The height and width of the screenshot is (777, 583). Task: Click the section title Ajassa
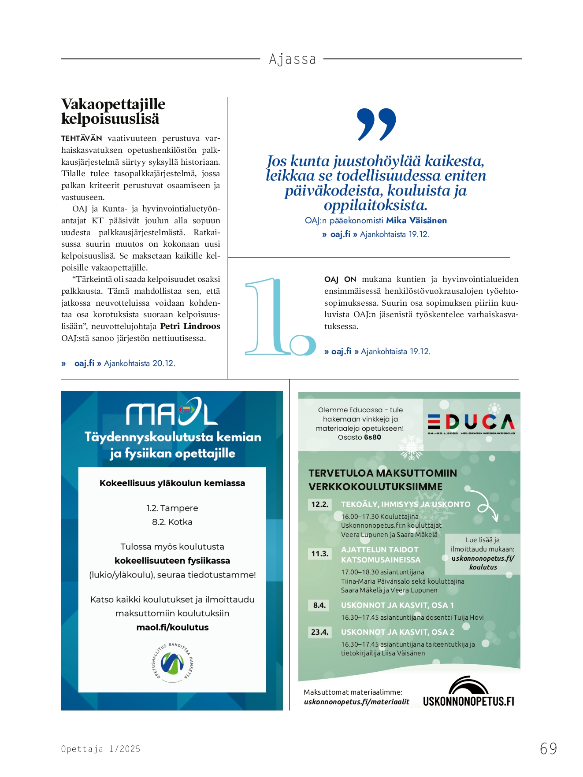pos(293,59)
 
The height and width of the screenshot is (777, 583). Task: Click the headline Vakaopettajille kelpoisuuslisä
pos(113,111)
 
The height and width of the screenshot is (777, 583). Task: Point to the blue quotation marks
pos(377,124)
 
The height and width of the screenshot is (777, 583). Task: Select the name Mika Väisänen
pos(416,221)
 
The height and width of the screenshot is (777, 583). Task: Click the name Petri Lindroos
pos(190,326)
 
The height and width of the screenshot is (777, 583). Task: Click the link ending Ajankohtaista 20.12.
pos(125,363)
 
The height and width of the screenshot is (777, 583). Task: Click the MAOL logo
pos(172,412)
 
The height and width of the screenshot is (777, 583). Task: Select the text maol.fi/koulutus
pos(172,627)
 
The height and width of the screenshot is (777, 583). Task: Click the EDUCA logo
pos(471,423)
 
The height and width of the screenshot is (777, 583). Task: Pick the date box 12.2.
pos(320,504)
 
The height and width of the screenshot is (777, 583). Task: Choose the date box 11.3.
pos(320,554)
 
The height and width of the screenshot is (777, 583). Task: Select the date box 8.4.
pos(319,605)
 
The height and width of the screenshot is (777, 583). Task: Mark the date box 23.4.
pos(320,632)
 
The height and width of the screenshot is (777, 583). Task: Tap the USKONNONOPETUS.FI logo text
pos(468,701)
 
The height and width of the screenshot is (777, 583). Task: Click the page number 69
pos(548,748)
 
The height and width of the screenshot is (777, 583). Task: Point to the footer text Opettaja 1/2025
pos(101,749)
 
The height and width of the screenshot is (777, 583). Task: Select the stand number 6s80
pos(372,437)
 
